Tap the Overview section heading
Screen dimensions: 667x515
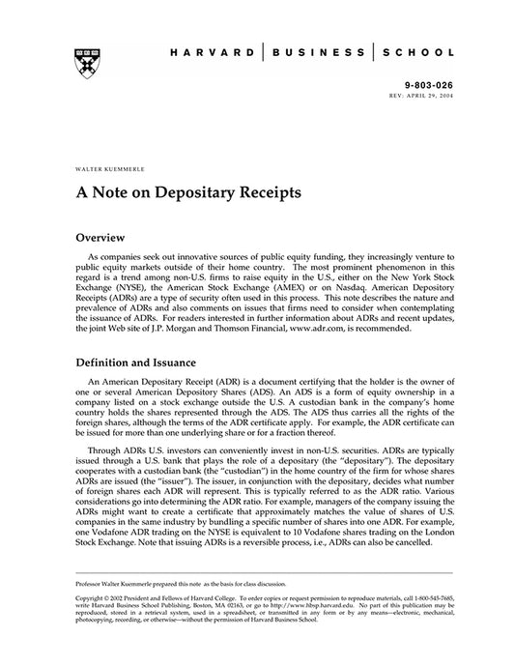point(105,236)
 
